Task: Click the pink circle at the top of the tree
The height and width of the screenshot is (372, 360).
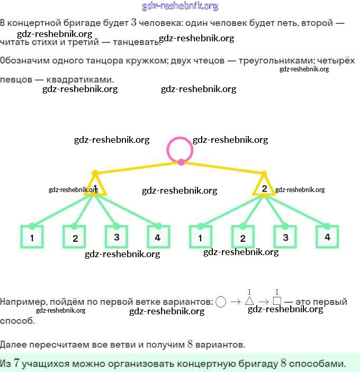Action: tap(181, 149)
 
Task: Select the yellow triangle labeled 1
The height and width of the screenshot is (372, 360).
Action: tap(95, 187)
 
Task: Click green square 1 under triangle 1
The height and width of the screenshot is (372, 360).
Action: tap(32, 237)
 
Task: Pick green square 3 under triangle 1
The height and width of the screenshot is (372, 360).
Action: tap(116, 237)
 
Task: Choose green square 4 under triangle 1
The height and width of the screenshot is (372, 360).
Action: tap(158, 237)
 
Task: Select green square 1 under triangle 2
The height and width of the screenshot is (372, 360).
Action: tap(201, 237)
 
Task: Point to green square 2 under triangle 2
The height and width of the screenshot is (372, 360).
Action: tap(243, 238)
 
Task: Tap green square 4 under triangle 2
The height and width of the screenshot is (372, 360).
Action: tap(328, 237)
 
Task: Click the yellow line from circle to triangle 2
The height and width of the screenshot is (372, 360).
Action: tap(222, 167)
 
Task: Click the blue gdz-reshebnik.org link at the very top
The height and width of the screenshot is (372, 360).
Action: tap(180, 6)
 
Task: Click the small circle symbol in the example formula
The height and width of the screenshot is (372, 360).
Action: tap(221, 302)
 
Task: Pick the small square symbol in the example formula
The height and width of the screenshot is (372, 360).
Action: tap(276, 302)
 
